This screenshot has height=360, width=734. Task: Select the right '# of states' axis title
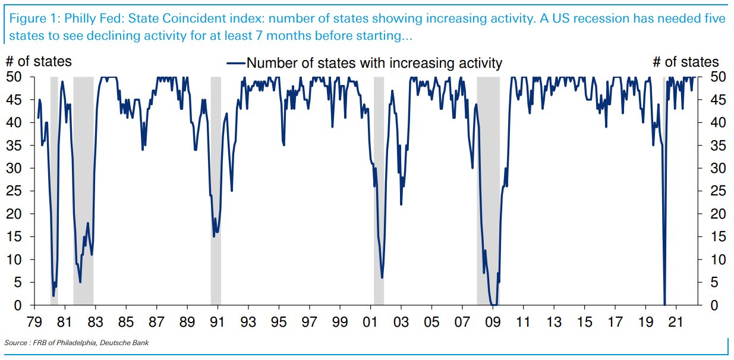pyautogui.click(x=685, y=62)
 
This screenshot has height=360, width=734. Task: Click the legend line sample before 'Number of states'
pyautogui.click(x=236, y=63)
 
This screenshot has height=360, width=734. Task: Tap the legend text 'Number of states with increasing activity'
pyautogui.click(x=374, y=63)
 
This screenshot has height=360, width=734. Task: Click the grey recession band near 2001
pyautogui.click(x=379, y=190)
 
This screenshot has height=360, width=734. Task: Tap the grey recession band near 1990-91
pyautogui.click(x=216, y=190)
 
